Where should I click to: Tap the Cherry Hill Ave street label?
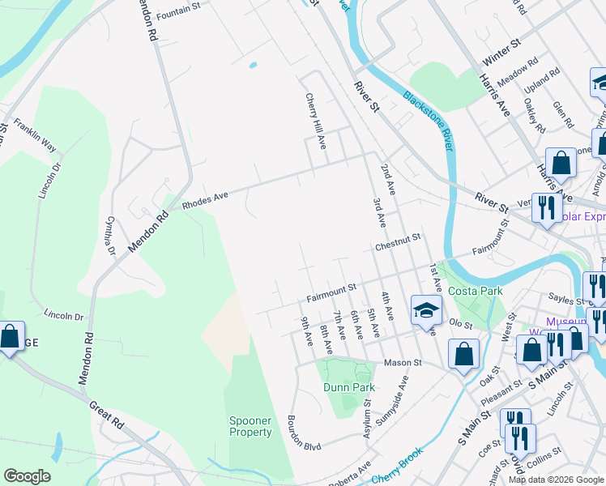(x=315, y=120)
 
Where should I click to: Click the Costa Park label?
(x=477, y=291)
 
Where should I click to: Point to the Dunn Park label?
(x=348, y=387)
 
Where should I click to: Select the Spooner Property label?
(x=250, y=426)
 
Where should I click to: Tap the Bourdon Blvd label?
(x=305, y=434)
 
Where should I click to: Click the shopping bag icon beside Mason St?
(x=463, y=354)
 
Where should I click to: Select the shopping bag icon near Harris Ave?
(x=560, y=163)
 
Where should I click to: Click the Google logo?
(x=28, y=475)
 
